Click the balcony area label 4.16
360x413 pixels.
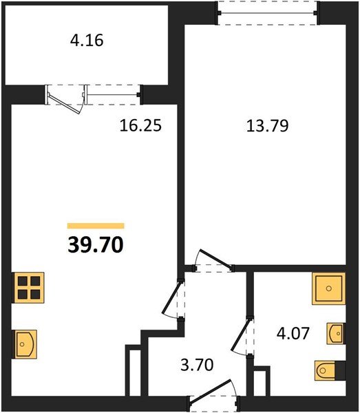(x=87, y=41)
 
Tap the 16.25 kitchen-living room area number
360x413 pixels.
(x=140, y=125)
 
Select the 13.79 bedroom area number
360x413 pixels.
(x=268, y=126)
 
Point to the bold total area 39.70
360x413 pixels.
(x=96, y=244)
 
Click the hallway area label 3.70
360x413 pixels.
(x=197, y=365)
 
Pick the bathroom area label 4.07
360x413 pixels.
(x=293, y=333)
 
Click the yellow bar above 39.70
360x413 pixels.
(x=96, y=226)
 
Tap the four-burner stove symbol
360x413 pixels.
(x=29, y=288)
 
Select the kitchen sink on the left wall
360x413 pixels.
(x=25, y=344)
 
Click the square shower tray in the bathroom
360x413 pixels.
(x=328, y=288)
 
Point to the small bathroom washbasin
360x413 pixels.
(x=336, y=334)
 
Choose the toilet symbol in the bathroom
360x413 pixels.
(x=325, y=371)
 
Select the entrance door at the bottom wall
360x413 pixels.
(x=211, y=390)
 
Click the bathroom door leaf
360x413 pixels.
(x=240, y=335)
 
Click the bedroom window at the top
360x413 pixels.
(x=268, y=12)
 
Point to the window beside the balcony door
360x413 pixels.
(x=114, y=94)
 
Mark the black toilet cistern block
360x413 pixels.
(x=340, y=370)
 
